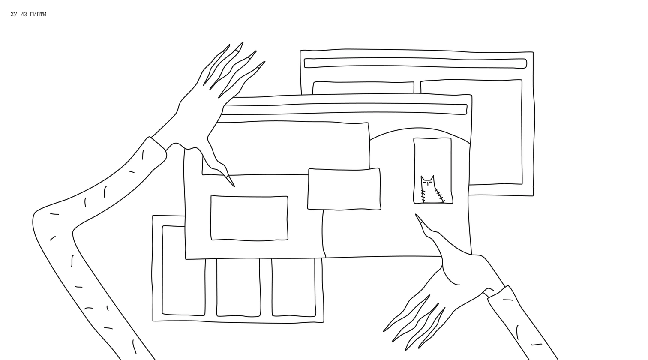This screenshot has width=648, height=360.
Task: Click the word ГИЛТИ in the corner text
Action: [38, 14]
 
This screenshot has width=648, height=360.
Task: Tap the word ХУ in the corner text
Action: [14, 14]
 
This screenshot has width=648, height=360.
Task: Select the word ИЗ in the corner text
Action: [24, 14]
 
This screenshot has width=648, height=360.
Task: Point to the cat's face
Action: [428, 182]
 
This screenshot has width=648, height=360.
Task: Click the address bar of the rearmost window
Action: [415, 63]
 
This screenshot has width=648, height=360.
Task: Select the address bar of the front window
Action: [344, 109]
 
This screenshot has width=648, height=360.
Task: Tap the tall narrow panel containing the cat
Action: [433, 171]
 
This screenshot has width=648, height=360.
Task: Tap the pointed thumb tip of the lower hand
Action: [416, 215]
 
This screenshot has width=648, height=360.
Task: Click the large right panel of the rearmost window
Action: [495, 132]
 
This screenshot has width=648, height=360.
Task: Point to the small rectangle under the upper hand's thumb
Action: [249, 218]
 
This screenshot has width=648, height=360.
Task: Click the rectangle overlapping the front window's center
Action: [344, 189]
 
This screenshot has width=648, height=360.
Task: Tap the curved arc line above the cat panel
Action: [420, 128]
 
